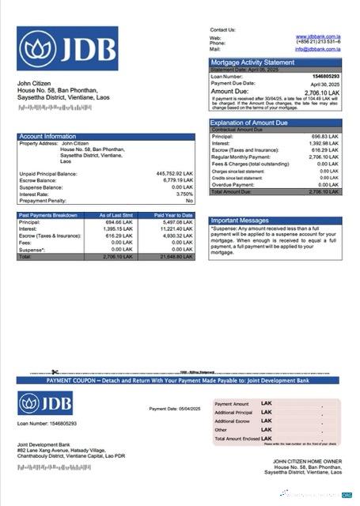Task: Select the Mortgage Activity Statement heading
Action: [252, 62]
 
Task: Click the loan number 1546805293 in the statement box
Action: [324, 76]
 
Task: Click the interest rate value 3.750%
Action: [184, 194]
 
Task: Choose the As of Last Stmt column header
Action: [116, 215]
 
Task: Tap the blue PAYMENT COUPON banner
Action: [180, 380]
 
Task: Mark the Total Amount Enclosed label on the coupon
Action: [237, 438]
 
